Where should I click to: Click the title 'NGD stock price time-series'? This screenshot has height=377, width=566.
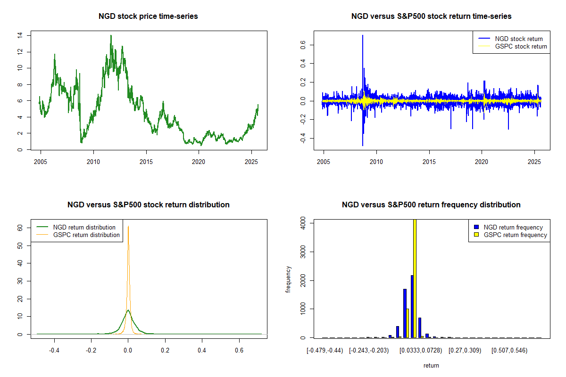(148, 16)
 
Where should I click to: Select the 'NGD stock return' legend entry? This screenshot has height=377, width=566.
(518, 39)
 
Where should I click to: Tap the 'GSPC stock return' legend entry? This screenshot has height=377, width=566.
(521, 46)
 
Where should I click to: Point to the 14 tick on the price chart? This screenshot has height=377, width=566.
(19, 35)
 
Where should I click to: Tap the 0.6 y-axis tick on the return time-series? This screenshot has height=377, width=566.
(302, 45)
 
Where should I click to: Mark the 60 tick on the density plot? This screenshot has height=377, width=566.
(20, 227)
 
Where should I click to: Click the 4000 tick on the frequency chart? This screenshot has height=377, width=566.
(302, 225)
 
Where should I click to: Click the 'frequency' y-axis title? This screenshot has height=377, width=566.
(289, 279)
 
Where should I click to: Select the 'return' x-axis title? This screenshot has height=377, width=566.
(431, 365)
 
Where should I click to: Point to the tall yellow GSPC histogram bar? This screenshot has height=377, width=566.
(415, 278)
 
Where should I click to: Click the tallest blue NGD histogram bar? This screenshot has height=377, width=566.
(412, 306)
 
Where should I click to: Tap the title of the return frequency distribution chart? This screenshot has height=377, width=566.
(431, 205)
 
